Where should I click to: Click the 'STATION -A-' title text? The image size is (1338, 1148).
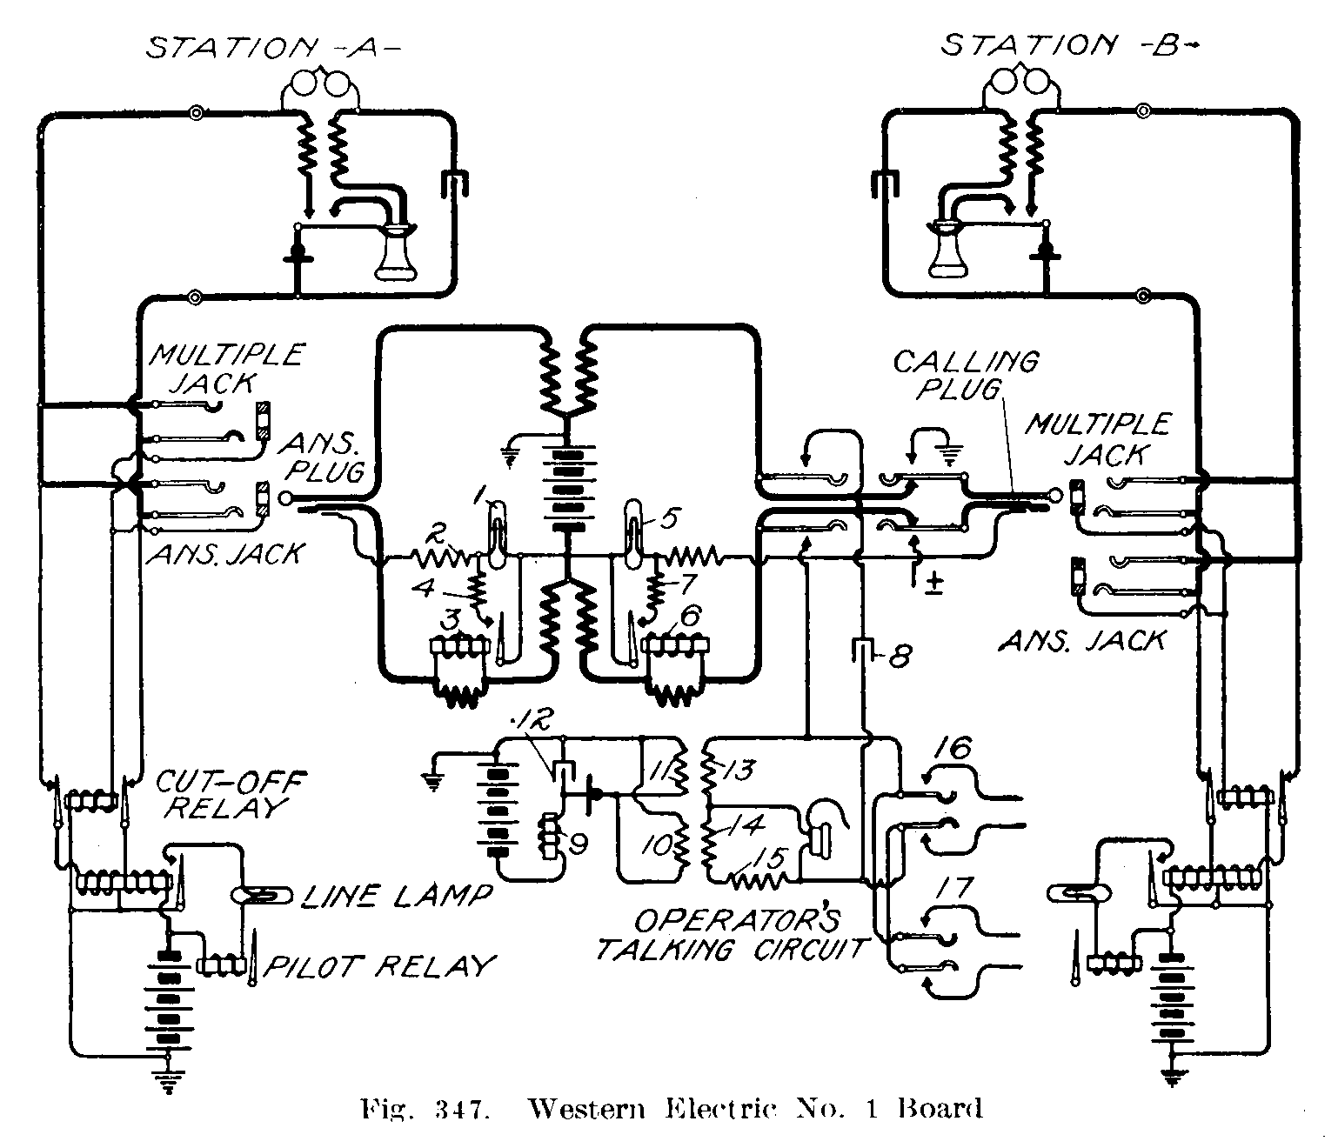point(272,47)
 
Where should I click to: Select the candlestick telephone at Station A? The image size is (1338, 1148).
point(397,251)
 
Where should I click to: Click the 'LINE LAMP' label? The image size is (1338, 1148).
point(396,895)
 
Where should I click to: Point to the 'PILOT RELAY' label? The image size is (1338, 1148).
point(379,966)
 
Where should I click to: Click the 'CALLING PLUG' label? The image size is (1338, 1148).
point(966,375)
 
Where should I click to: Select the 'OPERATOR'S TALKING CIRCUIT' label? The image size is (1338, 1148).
point(733,935)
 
